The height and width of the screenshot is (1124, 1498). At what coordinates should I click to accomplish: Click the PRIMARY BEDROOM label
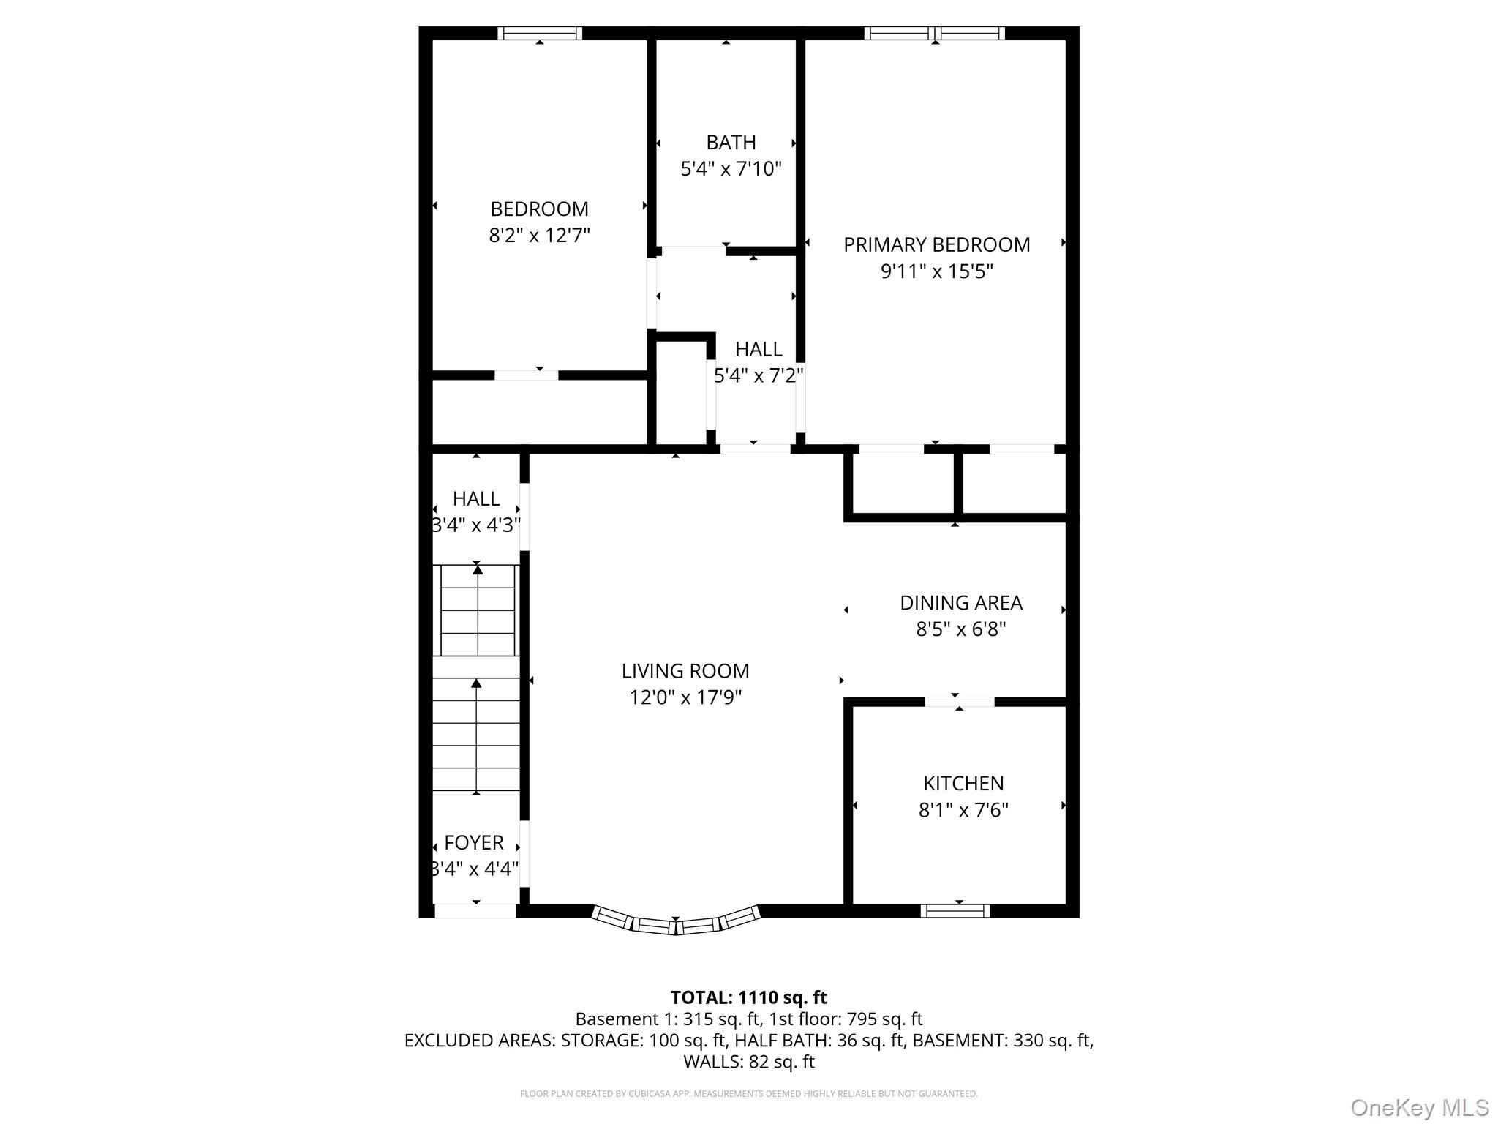(936, 244)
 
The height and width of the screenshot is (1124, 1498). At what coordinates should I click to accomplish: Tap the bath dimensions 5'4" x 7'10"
(731, 169)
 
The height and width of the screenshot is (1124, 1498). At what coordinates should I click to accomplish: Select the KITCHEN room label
(963, 783)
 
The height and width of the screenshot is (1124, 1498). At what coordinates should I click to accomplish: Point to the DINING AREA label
(960, 602)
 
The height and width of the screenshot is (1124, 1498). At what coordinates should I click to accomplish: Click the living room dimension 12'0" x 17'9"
(685, 697)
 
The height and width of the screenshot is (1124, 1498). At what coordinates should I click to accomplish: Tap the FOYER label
(474, 842)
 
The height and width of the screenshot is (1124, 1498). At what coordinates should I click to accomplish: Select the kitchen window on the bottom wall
(955, 910)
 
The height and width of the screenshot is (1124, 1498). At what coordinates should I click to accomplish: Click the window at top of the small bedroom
(540, 33)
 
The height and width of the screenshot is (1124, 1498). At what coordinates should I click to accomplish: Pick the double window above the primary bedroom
(934, 33)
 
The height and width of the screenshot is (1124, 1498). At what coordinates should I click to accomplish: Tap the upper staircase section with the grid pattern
(477, 610)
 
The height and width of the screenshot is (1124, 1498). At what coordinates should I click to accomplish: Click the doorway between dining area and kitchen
(959, 702)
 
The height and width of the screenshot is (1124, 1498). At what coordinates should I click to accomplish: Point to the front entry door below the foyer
(475, 911)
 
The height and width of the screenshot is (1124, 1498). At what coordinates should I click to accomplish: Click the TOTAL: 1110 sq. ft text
(748, 997)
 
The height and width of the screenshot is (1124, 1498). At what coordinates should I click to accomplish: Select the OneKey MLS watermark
(1419, 1107)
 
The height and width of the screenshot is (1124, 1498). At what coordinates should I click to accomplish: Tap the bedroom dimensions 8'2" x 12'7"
(539, 236)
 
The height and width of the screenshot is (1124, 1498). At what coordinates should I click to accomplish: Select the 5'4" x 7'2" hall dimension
(759, 375)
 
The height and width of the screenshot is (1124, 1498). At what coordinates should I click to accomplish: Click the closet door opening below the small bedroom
(527, 375)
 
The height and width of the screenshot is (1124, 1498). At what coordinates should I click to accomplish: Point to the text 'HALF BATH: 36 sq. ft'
(819, 1040)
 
